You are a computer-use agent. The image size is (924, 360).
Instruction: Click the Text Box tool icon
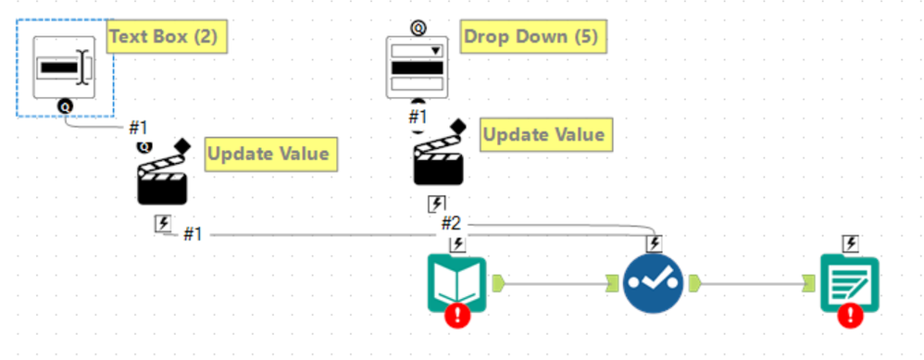pos(64,68)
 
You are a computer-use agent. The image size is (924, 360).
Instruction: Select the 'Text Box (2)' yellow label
pos(167,38)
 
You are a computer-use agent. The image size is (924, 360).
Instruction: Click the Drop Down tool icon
pos(416,67)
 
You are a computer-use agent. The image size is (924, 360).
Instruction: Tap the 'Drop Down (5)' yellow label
pos(531,37)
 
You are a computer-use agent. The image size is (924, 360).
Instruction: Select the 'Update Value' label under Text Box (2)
pos(268,154)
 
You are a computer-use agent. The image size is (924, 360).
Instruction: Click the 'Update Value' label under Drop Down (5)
pos(544,134)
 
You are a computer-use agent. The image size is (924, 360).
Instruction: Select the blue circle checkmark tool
pos(654,282)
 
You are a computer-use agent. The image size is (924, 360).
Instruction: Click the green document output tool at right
pos(850,282)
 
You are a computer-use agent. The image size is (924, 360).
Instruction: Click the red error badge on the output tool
pos(850,317)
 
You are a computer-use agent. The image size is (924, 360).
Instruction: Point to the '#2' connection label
pos(451,222)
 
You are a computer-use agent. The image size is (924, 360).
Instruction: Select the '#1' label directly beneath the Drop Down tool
pos(418,117)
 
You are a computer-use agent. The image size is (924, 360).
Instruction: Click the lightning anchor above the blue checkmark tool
pos(654,243)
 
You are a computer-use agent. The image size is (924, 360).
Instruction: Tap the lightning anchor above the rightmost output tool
pos(851,243)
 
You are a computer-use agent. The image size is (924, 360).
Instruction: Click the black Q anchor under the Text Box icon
pos(65,106)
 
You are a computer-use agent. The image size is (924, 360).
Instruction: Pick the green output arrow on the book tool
pos(498,282)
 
